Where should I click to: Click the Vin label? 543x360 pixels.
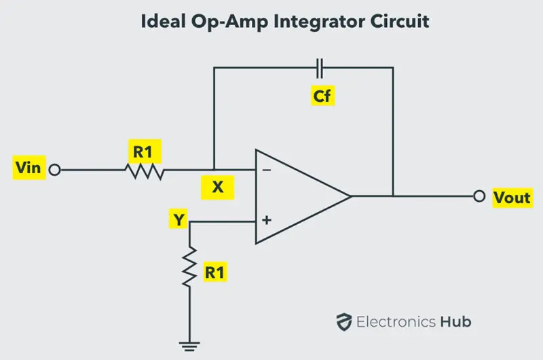29,168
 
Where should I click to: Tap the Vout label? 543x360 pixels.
512,197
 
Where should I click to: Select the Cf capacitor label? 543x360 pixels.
322,95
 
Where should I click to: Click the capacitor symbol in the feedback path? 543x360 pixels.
320,68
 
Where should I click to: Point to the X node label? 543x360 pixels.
217,187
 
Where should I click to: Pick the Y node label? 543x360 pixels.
179,219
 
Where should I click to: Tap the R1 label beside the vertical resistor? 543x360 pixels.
214,272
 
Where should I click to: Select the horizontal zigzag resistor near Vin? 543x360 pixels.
145,171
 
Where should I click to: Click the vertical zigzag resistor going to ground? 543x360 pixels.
189,266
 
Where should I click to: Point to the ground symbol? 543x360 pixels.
189,346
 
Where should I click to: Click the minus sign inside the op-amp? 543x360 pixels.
267,170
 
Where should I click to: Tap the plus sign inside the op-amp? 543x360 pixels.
267,220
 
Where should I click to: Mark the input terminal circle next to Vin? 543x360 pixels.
55,170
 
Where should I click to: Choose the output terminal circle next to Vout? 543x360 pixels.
479,196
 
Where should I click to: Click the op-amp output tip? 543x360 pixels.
351,196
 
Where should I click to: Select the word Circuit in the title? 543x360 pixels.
400,21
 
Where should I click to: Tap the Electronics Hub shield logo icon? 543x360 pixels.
344,322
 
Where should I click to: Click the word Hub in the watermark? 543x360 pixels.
455,321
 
